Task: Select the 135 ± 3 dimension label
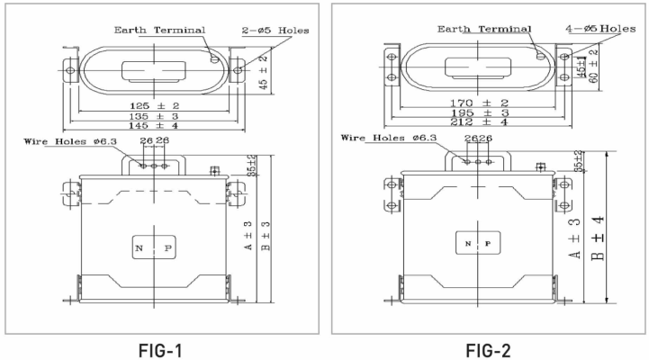pyautogui.click(x=154, y=117)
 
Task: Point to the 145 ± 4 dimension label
pyautogui.click(x=154, y=127)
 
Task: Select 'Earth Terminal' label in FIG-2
pyautogui.click(x=483, y=29)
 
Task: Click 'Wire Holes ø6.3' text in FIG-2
pyautogui.click(x=389, y=139)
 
